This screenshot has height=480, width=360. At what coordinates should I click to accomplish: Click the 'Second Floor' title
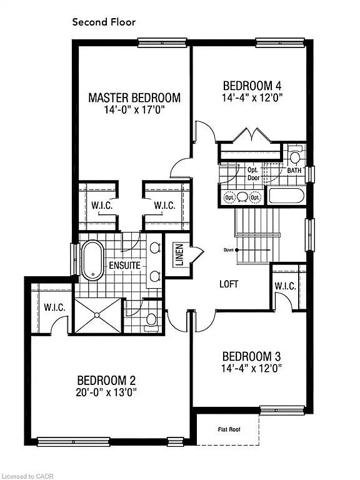coord(104,22)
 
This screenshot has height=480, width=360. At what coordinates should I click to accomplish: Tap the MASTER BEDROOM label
coord(134,97)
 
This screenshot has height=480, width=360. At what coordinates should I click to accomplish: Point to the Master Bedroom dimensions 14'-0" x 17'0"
coord(134,110)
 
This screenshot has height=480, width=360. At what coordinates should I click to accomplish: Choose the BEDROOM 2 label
coord(107,380)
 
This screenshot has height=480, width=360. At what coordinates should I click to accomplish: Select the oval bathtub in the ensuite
coord(92,259)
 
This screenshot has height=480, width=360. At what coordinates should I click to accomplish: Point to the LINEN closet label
coord(179,254)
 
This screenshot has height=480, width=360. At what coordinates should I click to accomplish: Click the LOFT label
coord(229,283)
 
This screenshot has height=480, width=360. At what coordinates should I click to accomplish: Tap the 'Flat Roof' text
coord(229,429)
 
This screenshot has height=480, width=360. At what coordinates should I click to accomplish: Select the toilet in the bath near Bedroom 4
coord(296,154)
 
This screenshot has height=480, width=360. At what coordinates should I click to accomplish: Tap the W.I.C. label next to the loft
coord(285,286)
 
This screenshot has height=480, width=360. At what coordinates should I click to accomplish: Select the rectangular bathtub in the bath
coord(286,196)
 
